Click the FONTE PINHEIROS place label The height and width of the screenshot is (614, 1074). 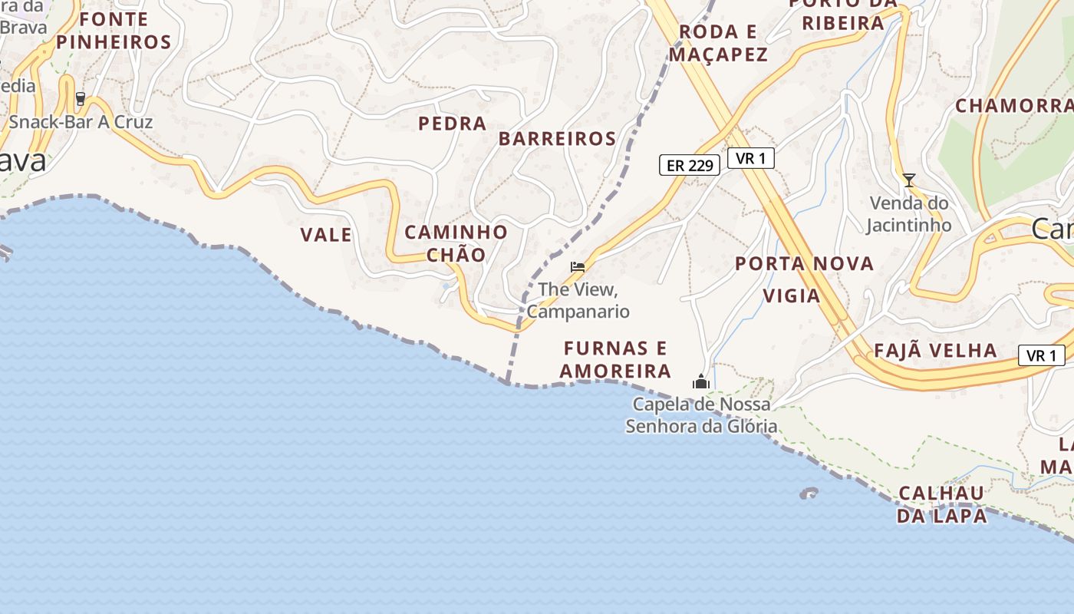click(x=114, y=30)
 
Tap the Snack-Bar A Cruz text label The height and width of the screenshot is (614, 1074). click(x=81, y=122)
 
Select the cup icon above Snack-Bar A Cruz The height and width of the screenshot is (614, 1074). click(x=81, y=100)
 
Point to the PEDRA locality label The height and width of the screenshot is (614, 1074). click(x=453, y=123)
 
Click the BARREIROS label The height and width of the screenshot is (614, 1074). click(x=558, y=139)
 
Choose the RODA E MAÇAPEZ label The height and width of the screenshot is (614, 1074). click(x=718, y=43)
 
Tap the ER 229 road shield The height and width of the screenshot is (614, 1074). click(x=690, y=164)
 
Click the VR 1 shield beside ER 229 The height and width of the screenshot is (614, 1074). click(x=750, y=158)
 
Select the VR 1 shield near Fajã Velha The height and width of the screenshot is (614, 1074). click(x=1042, y=355)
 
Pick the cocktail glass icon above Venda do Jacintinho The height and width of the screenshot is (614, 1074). click(x=909, y=180)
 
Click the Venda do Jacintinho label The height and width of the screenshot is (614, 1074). click(x=909, y=214)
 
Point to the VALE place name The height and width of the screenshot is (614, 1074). click(x=326, y=235)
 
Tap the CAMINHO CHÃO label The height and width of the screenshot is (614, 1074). click(x=456, y=243)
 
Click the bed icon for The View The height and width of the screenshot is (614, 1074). click(x=578, y=267)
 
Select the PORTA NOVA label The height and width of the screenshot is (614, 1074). click(x=805, y=264)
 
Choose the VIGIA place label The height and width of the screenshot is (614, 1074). click(x=792, y=295)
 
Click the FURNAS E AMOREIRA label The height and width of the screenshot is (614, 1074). click(x=615, y=359)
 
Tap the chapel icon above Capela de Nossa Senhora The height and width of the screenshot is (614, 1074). click(x=701, y=381)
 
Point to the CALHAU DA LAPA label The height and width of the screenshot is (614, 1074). click(x=942, y=503)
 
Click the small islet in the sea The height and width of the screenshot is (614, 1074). click(x=809, y=494)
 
